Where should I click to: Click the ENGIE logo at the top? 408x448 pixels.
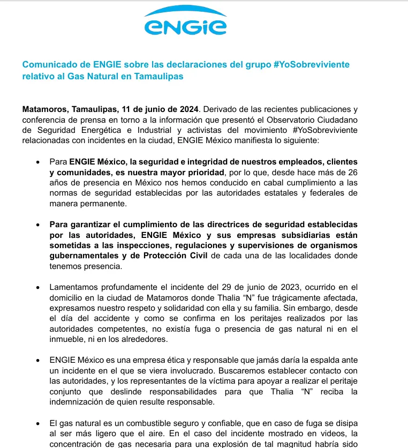click(185, 21)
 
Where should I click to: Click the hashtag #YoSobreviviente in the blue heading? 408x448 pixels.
click(311, 64)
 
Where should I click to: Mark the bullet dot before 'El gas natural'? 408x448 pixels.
click(37, 423)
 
